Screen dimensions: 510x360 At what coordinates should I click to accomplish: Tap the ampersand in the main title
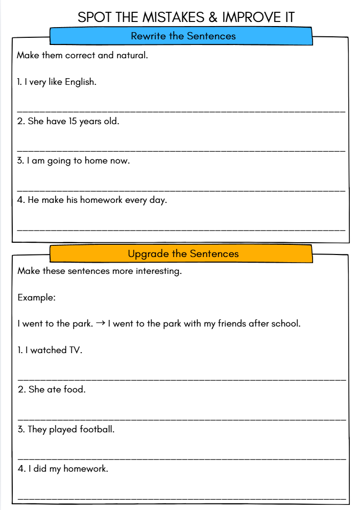click(x=213, y=17)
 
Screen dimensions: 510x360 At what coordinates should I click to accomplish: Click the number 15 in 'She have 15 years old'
click(x=73, y=122)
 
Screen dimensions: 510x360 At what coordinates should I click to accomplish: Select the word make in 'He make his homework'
click(x=52, y=200)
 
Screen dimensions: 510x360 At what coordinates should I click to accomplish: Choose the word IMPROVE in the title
click(x=250, y=17)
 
